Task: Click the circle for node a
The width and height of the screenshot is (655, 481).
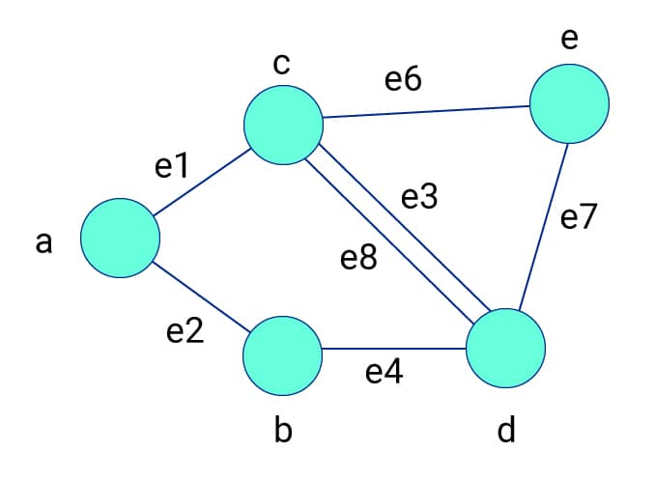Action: [120, 238]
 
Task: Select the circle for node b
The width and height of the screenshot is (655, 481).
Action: [282, 354]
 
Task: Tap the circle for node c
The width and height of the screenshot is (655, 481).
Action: [283, 125]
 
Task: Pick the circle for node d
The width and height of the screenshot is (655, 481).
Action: [505, 348]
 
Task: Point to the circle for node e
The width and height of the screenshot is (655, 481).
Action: [569, 103]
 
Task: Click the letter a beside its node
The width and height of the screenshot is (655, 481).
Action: [43, 243]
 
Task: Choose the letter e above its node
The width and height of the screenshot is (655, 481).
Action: [569, 39]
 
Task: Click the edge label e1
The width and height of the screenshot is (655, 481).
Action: [171, 167]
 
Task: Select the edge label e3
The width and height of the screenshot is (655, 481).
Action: [419, 198]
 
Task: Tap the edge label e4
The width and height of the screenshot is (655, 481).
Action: [384, 372]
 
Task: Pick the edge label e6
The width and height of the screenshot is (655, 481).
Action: [402, 80]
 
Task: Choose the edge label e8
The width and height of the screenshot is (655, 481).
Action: [358, 259]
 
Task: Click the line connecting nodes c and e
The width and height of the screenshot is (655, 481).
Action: [425, 111]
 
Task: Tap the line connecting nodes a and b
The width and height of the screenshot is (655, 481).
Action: [201, 296]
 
